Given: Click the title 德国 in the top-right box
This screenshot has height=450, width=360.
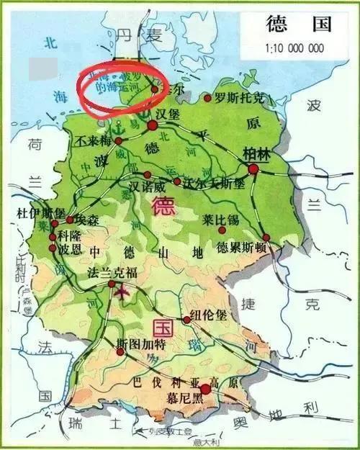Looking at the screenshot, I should click(298, 25).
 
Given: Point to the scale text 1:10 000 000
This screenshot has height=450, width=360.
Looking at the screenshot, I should click(296, 49).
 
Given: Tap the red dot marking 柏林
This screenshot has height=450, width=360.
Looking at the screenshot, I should click(253, 169).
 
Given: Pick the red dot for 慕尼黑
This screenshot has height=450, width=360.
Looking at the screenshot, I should click(205, 390).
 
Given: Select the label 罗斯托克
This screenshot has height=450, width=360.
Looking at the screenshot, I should click(238, 97).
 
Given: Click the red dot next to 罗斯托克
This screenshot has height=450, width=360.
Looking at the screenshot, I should click(208, 98).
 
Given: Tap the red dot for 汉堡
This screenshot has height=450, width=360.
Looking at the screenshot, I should click(152, 126).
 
